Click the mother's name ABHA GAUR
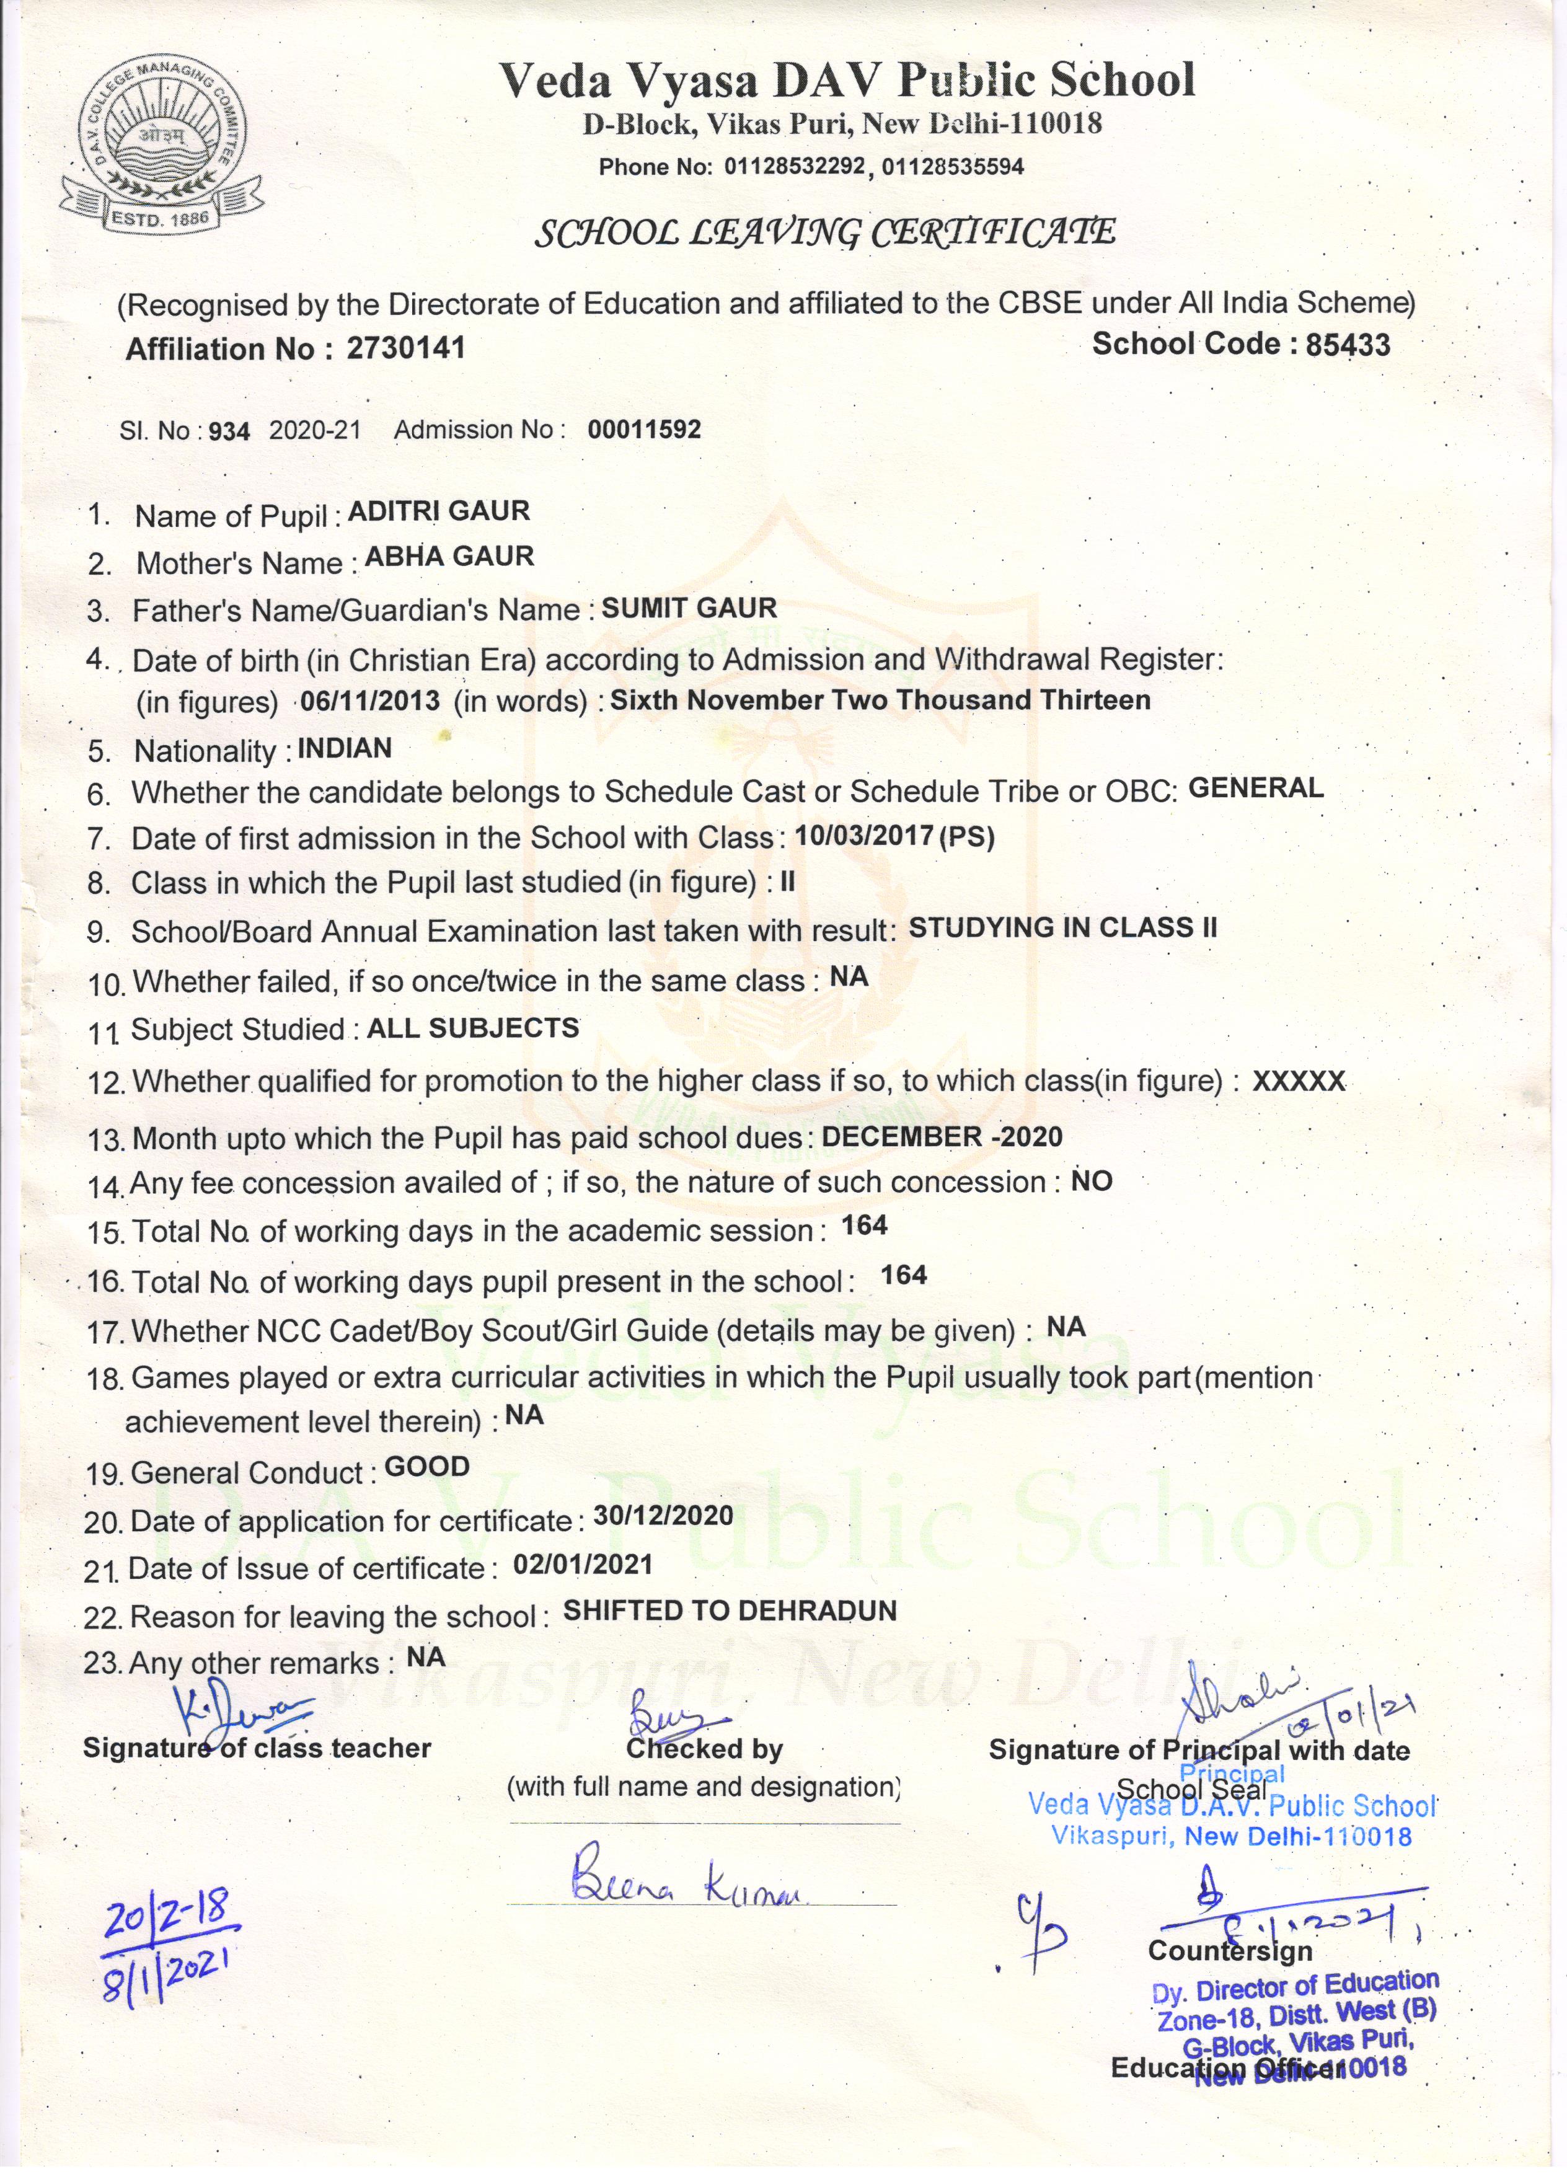click(x=449, y=556)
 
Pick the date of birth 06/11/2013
click(x=370, y=700)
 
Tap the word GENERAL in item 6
click(x=1255, y=788)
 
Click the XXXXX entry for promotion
click(x=1299, y=1080)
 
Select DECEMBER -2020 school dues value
click(x=942, y=1137)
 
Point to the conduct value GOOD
click(x=426, y=1467)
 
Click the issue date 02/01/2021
click(x=583, y=1565)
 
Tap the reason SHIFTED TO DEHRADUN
click(x=730, y=1611)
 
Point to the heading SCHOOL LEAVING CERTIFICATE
click(x=824, y=233)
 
